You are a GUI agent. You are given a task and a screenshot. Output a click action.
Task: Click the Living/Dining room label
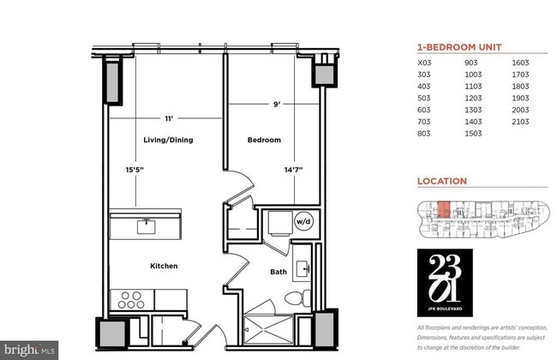point(166,140)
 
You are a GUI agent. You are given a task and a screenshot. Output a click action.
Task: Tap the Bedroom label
point(264,140)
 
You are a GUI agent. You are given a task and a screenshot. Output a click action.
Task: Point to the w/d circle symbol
point(304,220)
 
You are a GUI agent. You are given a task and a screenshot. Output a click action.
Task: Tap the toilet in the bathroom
point(294,299)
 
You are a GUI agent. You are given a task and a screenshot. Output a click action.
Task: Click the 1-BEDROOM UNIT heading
point(458,48)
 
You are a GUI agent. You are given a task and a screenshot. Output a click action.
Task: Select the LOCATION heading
point(441,182)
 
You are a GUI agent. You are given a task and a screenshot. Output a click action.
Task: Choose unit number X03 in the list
point(425,63)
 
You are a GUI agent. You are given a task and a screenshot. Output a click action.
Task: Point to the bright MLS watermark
point(30,350)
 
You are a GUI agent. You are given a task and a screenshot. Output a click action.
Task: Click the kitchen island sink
point(147,225)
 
